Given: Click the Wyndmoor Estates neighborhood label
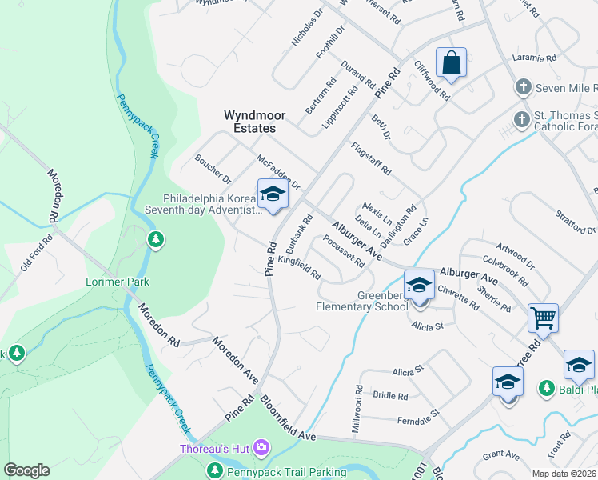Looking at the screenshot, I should click(x=249, y=122).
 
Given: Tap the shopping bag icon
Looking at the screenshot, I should click(x=451, y=62).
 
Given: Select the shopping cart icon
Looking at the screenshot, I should click(x=543, y=318).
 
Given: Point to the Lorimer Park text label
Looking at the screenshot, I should click(x=118, y=282).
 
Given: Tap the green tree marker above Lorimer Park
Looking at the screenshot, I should click(x=156, y=239).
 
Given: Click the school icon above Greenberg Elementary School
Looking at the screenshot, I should click(x=418, y=284).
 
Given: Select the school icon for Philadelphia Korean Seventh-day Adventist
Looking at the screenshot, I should click(x=273, y=194).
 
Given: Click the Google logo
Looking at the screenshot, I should click(x=26, y=470).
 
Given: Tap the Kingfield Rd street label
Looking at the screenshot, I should click(x=300, y=266).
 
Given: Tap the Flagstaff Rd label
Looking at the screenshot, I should click(x=371, y=158).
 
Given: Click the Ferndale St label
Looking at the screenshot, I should click(x=418, y=416).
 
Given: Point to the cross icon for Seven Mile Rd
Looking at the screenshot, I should click(x=523, y=86).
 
